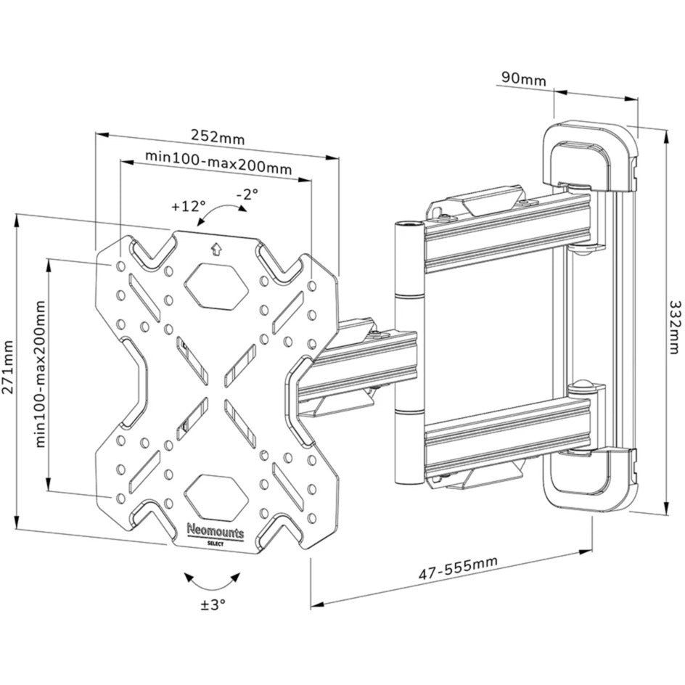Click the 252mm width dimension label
[x=218, y=136]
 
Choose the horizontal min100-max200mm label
[x=218, y=157]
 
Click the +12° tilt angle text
[x=189, y=205]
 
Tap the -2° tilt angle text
[x=247, y=194]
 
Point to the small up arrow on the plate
[x=215, y=248]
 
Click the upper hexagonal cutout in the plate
[x=215, y=282]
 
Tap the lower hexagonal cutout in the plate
[x=215, y=496]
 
